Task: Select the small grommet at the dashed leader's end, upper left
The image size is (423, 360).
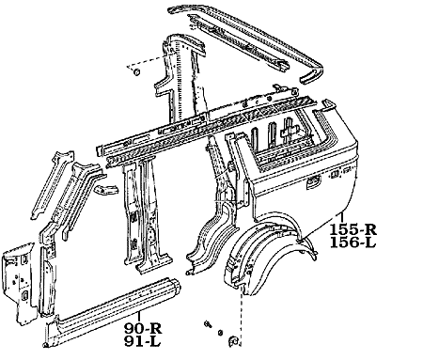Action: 135,71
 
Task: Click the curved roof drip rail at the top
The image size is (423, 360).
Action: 254,38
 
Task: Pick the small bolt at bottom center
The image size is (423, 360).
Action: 205,326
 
